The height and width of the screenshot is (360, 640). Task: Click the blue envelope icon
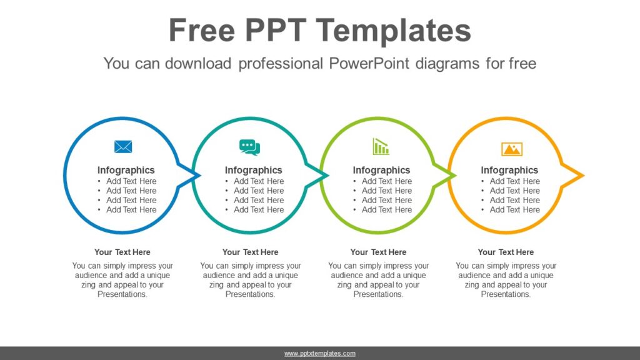coord(123,147)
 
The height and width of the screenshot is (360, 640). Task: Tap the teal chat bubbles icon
coord(249,147)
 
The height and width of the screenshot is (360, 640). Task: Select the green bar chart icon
coord(381,147)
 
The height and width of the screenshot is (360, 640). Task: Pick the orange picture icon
coord(511,149)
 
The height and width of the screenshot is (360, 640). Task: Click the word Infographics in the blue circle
coord(126,170)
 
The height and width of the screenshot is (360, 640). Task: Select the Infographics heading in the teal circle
coord(253,170)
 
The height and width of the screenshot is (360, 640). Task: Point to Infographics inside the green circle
coord(381,170)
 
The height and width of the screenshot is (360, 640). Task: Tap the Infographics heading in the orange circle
coord(509,170)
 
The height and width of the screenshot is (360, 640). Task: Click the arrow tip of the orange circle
coord(582,176)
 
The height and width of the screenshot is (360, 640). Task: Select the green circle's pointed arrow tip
coord(454,176)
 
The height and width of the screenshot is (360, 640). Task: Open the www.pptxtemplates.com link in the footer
coord(320,353)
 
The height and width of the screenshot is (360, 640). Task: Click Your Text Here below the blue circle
coord(122,252)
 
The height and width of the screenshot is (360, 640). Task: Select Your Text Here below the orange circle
coord(506,252)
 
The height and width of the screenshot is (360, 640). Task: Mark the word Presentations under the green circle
coord(378,294)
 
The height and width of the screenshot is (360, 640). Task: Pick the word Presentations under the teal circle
coord(250,294)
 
